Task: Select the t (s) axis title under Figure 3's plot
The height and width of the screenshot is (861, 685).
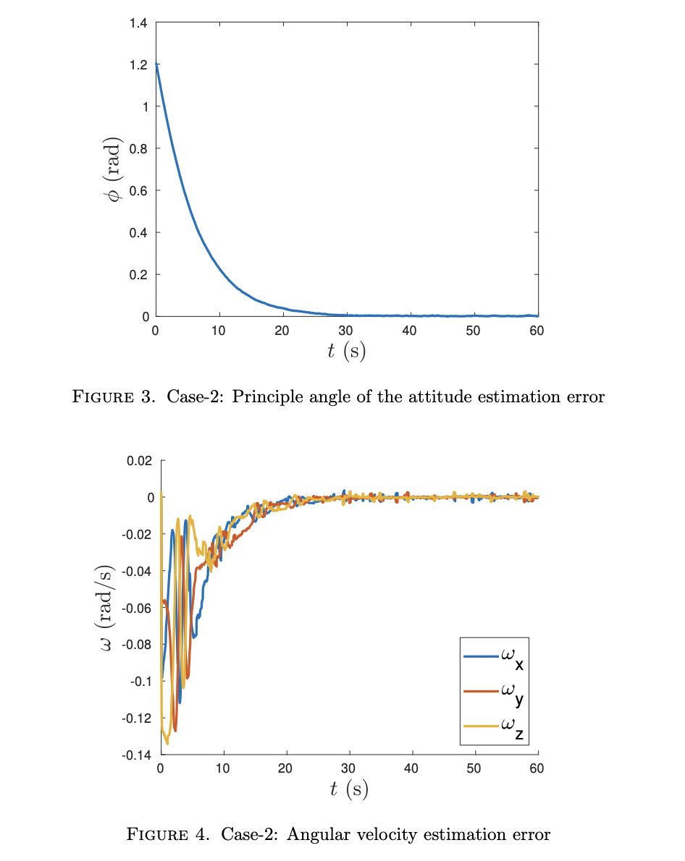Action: pos(346,352)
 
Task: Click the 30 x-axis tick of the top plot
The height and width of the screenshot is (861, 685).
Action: pos(346,331)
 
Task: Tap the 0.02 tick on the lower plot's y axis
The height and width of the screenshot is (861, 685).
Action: pos(140,461)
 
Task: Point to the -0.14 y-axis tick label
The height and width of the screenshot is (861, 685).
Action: pos(138,755)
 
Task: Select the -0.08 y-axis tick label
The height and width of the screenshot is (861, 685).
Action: pos(138,645)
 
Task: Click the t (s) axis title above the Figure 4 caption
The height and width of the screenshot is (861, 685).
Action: pos(348,789)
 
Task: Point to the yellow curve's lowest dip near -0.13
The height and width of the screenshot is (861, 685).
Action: pos(167,743)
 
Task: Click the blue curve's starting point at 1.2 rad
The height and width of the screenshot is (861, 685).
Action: pos(156,65)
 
